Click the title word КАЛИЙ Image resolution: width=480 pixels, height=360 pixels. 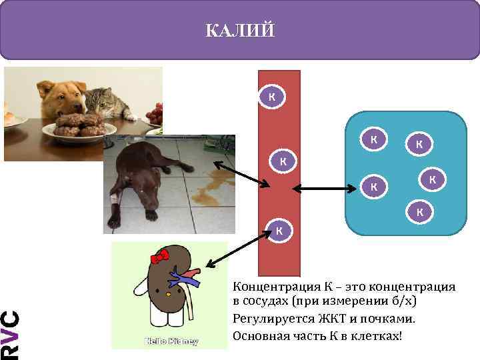point(239,31)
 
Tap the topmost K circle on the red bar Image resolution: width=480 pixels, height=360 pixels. point(271,97)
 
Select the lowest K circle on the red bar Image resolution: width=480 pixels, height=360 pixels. point(279,231)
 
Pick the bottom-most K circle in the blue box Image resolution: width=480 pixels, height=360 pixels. point(419,211)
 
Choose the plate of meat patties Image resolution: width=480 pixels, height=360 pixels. point(77,125)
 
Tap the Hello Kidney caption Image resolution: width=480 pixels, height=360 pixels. point(173,341)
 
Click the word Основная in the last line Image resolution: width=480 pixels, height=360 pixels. point(261,335)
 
